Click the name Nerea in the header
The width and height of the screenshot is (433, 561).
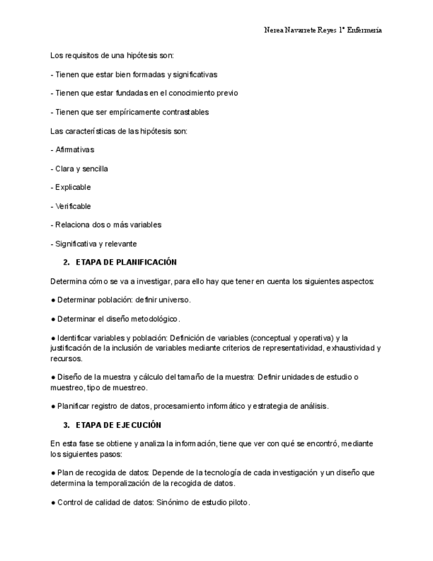(275, 30)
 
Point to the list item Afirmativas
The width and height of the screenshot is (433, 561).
(75, 150)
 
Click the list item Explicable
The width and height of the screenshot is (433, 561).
(73, 187)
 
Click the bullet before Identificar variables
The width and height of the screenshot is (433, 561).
(52, 338)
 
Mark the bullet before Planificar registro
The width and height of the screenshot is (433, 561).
(52, 406)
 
